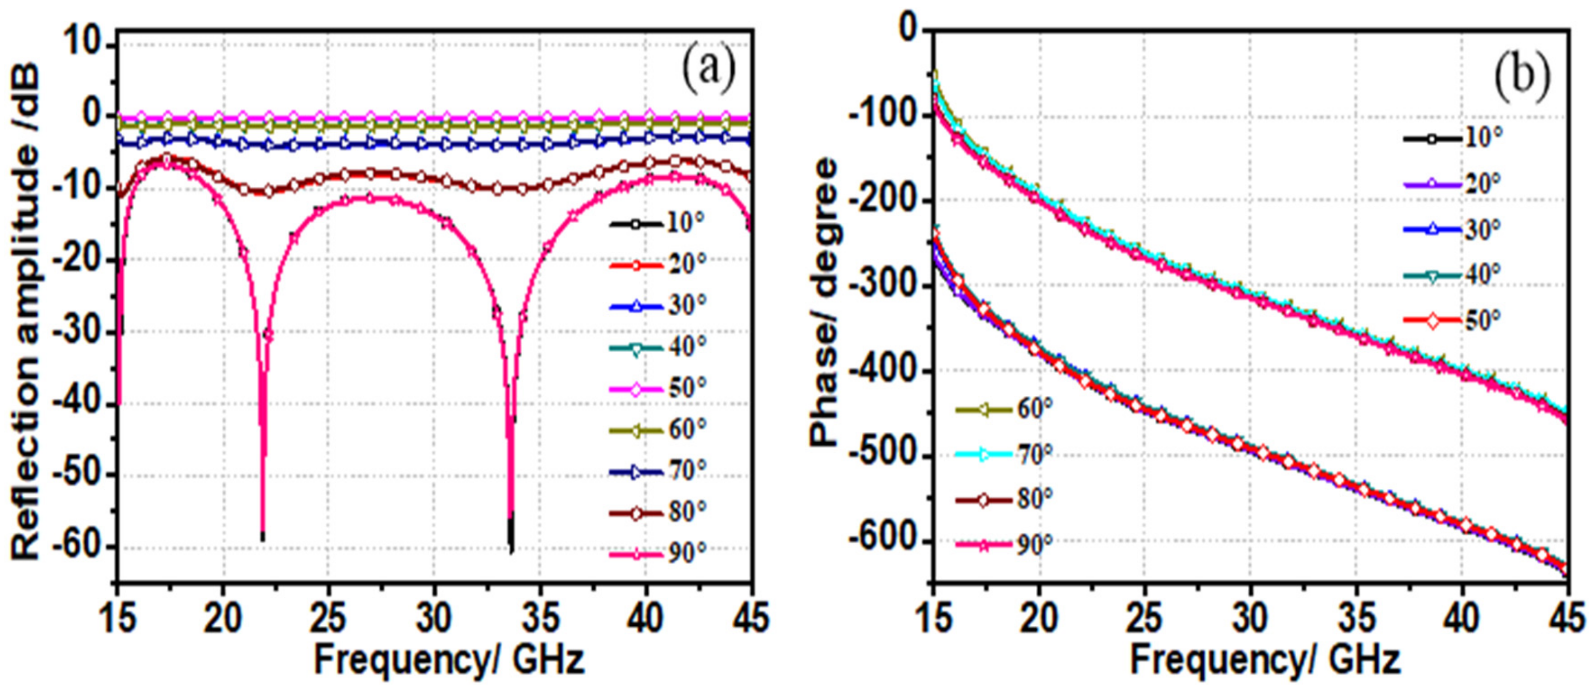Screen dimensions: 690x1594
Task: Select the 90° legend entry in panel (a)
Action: pyautogui.click(x=658, y=553)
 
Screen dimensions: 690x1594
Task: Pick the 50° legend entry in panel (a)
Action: pyautogui.click(x=658, y=388)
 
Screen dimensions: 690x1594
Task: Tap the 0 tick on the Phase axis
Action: pyautogui.click(x=909, y=30)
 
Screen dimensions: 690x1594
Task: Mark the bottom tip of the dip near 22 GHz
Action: pyautogui.click(x=262, y=539)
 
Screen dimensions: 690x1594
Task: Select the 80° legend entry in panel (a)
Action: pyautogui.click(x=658, y=512)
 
